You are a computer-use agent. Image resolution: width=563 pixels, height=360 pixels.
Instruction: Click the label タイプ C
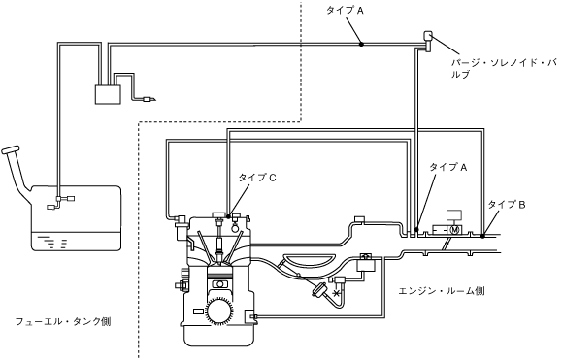[257, 178]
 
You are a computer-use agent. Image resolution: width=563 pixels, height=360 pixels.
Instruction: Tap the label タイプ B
[507, 205]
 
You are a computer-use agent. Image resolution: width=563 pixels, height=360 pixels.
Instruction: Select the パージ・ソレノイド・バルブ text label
[504, 69]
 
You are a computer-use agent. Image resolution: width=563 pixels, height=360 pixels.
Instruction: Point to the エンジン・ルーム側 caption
[442, 291]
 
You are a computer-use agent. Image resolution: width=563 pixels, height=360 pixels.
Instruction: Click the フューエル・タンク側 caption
[63, 321]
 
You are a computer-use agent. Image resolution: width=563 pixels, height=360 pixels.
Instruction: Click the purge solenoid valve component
[428, 40]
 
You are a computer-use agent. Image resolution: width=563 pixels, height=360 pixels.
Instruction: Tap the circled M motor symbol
[455, 230]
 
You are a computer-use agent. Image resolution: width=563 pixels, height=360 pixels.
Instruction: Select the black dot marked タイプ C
[229, 216]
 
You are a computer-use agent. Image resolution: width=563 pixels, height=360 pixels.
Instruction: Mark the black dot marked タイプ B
[483, 236]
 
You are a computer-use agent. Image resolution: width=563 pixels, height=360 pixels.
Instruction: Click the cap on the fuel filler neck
[10, 149]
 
